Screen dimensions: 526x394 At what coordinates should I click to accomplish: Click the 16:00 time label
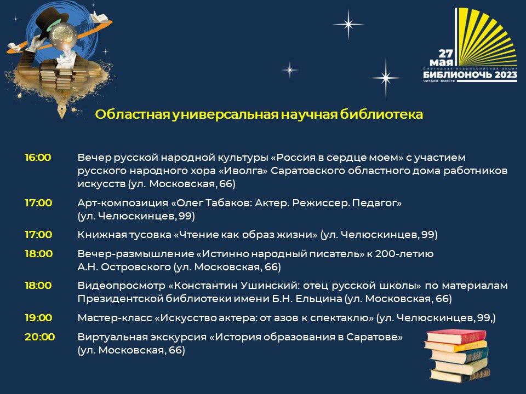(38, 158)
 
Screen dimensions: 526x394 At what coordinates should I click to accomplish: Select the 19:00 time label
(38, 317)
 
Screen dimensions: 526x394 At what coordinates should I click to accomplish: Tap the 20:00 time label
(39, 337)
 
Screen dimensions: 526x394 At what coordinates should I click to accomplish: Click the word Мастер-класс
(115, 317)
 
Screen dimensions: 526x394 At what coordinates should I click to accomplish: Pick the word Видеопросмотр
(121, 286)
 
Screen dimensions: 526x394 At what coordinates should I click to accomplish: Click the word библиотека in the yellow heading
(381, 114)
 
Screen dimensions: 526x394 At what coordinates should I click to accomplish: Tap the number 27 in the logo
(446, 54)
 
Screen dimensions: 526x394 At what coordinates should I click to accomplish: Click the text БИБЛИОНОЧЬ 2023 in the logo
(470, 74)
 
